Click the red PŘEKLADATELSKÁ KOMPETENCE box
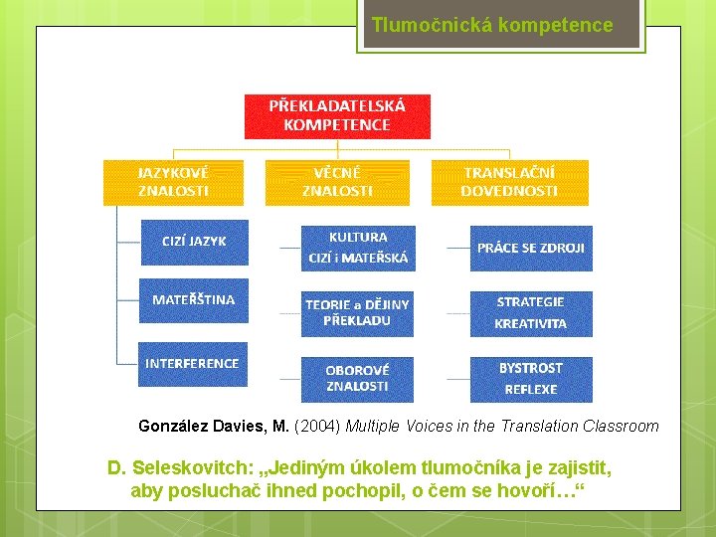(337, 115)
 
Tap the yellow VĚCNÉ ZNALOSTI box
(337, 182)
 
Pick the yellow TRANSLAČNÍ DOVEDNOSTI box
(509, 182)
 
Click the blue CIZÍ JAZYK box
(194, 242)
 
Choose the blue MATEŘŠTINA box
(194, 299)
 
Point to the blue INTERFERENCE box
(192, 364)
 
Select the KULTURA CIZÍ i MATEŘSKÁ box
(357, 249)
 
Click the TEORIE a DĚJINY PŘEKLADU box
(357, 313)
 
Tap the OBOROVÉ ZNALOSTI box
(357, 378)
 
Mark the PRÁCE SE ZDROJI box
(531, 248)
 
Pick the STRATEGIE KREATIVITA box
(531, 313)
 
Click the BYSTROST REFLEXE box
(531, 378)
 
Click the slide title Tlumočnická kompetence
(492, 26)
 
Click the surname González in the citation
(173, 427)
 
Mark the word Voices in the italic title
(438, 427)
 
